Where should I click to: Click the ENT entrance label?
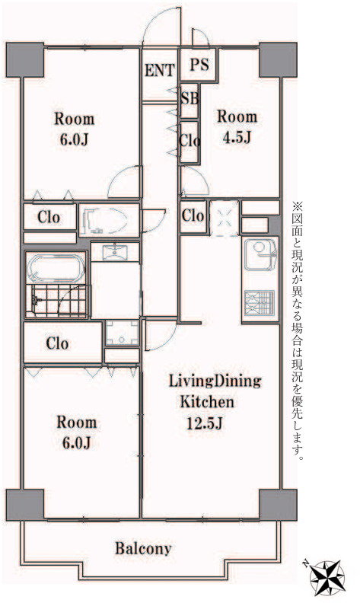[x=160, y=70]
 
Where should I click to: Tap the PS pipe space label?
[x=199, y=64]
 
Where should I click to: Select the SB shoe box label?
[x=190, y=98]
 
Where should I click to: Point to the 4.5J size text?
[x=237, y=137]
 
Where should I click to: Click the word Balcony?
[x=143, y=548]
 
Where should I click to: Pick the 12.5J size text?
[x=204, y=423]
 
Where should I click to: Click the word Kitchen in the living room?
[x=207, y=402]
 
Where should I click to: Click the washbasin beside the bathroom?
[x=115, y=253]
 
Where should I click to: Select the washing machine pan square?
[x=123, y=333]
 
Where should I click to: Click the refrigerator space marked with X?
[x=224, y=218]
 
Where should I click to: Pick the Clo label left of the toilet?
[x=49, y=217]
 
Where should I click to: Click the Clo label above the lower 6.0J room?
[x=57, y=343]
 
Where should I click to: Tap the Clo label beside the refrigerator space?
[x=193, y=215]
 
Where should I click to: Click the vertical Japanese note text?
[x=298, y=331]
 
